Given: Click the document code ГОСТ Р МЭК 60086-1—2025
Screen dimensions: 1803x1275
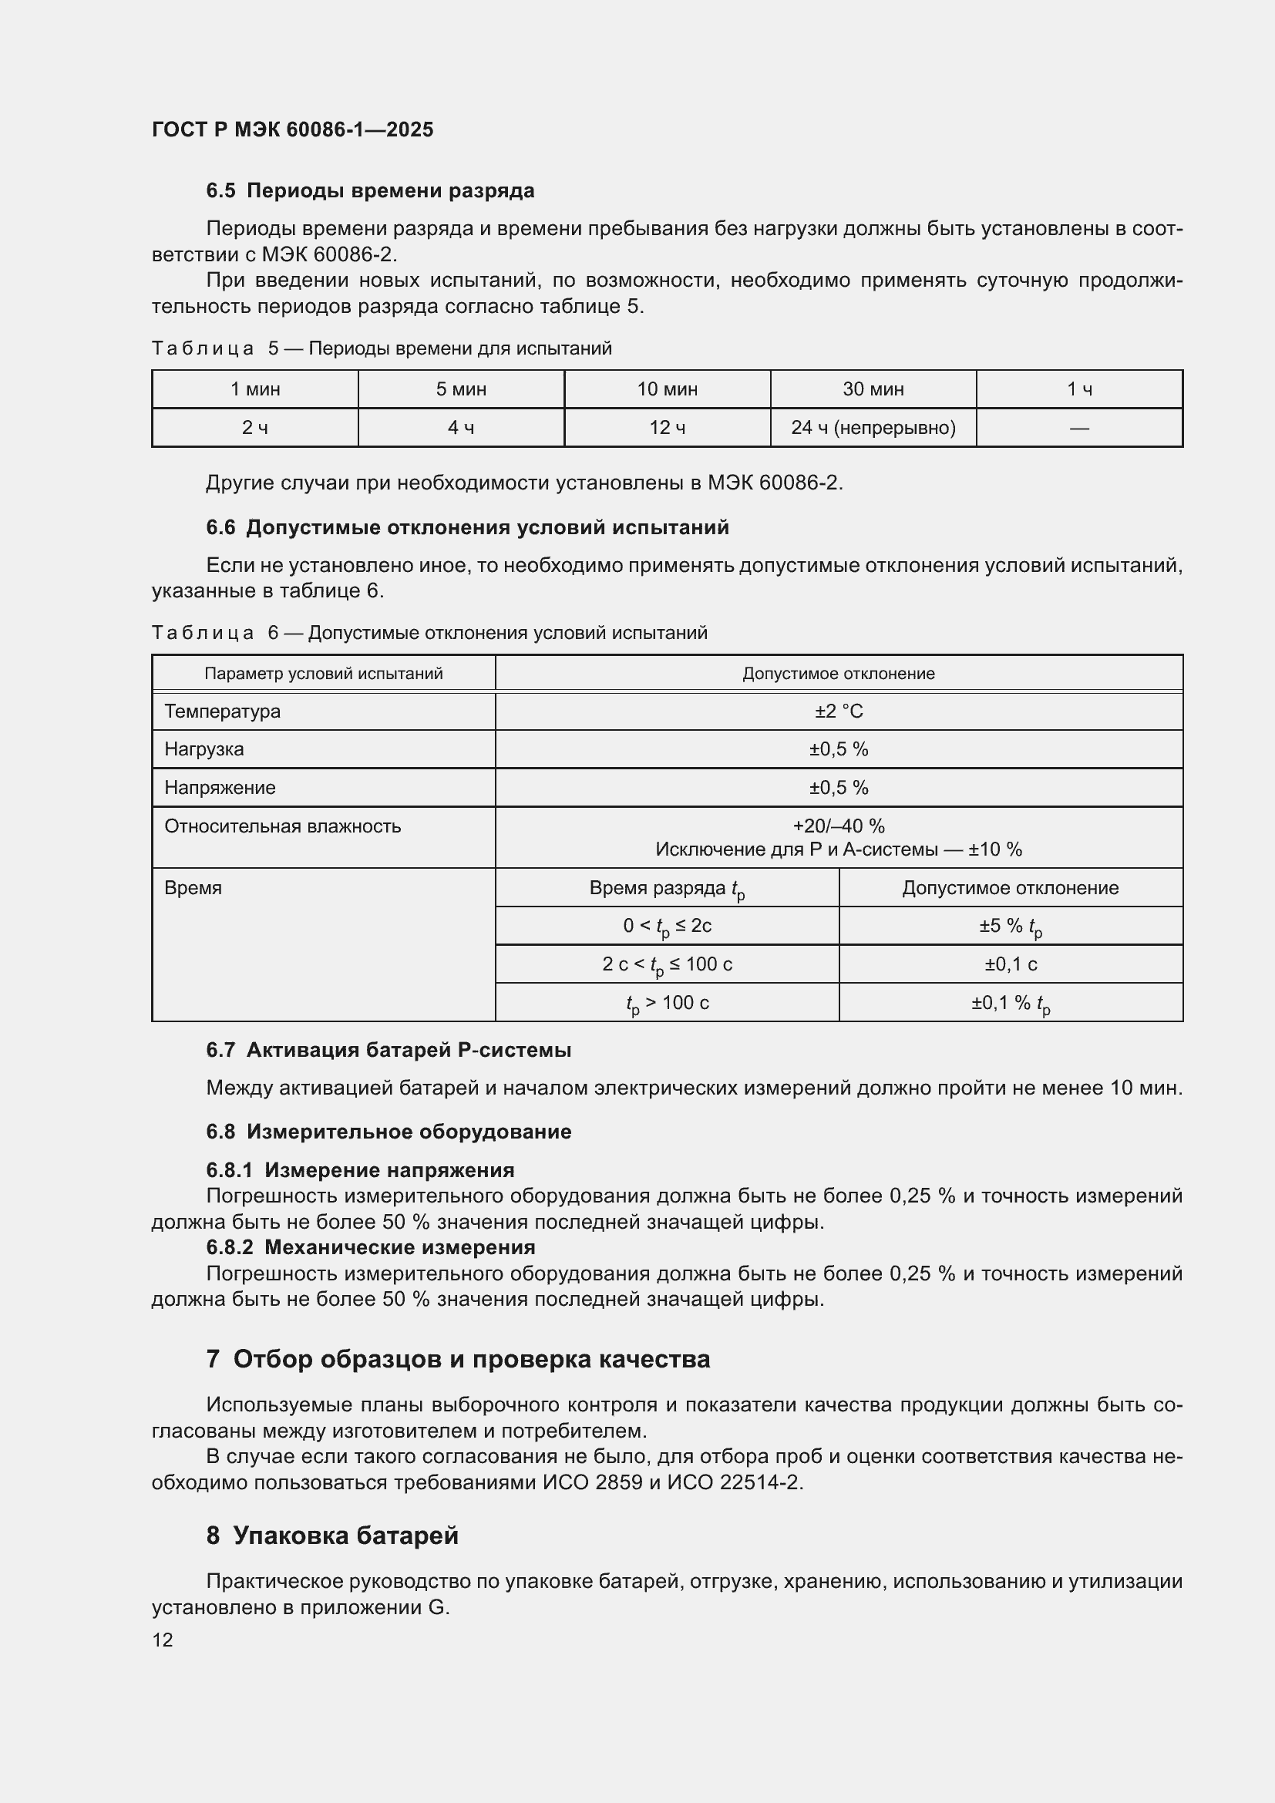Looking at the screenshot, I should [x=292, y=130].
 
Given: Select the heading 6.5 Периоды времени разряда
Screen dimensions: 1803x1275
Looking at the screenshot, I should [x=370, y=190].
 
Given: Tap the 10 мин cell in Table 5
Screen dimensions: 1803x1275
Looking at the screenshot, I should [x=667, y=389].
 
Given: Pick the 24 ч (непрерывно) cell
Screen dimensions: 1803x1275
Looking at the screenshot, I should [x=873, y=428].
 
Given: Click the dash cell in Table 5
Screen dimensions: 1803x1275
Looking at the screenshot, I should [x=1078, y=428].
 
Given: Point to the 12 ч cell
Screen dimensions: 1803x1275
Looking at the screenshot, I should [x=667, y=428].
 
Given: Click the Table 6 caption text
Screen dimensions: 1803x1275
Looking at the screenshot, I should [x=429, y=633].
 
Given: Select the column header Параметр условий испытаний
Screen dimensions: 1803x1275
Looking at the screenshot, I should [x=324, y=674].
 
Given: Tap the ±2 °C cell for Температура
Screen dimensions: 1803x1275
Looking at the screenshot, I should [x=839, y=711].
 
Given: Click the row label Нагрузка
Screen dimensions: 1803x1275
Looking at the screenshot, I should [x=204, y=749].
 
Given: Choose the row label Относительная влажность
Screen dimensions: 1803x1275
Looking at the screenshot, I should [x=283, y=826].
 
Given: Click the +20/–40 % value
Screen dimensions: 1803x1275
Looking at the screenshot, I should [x=839, y=826].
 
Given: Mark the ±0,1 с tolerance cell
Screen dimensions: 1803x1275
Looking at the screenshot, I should [x=1011, y=964].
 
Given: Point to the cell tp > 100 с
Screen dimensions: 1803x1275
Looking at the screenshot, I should [x=667, y=1003].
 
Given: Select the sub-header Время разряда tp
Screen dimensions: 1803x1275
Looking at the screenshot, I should [x=667, y=888].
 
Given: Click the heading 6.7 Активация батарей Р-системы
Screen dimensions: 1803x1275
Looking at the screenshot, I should [x=389, y=1050].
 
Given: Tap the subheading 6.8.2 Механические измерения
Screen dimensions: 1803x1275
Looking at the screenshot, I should [x=371, y=1247].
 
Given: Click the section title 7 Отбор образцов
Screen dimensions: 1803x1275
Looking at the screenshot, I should [x=458, y=1359].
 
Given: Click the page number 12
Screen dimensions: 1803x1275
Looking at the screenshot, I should [x=163, y=1640].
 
